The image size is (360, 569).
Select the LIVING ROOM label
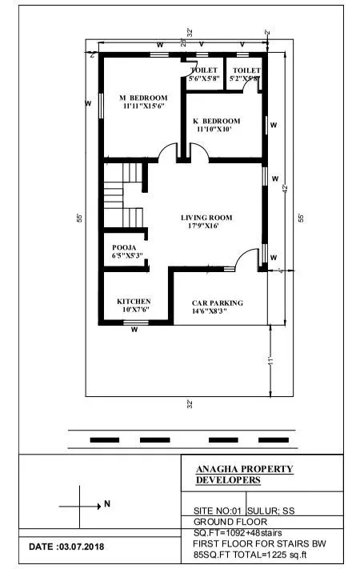[x=206, y=217]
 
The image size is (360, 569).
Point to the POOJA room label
[x=124, y=247]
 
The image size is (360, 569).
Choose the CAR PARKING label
[x=218, y=303]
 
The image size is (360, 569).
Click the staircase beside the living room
[x=124, y=196]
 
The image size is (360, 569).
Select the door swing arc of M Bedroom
[x=169, y=151]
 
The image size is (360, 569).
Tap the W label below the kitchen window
[x=134, y=329]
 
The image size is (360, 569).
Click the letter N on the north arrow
[x=106, y=505]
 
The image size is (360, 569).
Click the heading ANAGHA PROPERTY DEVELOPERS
[x=244, y=474]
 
